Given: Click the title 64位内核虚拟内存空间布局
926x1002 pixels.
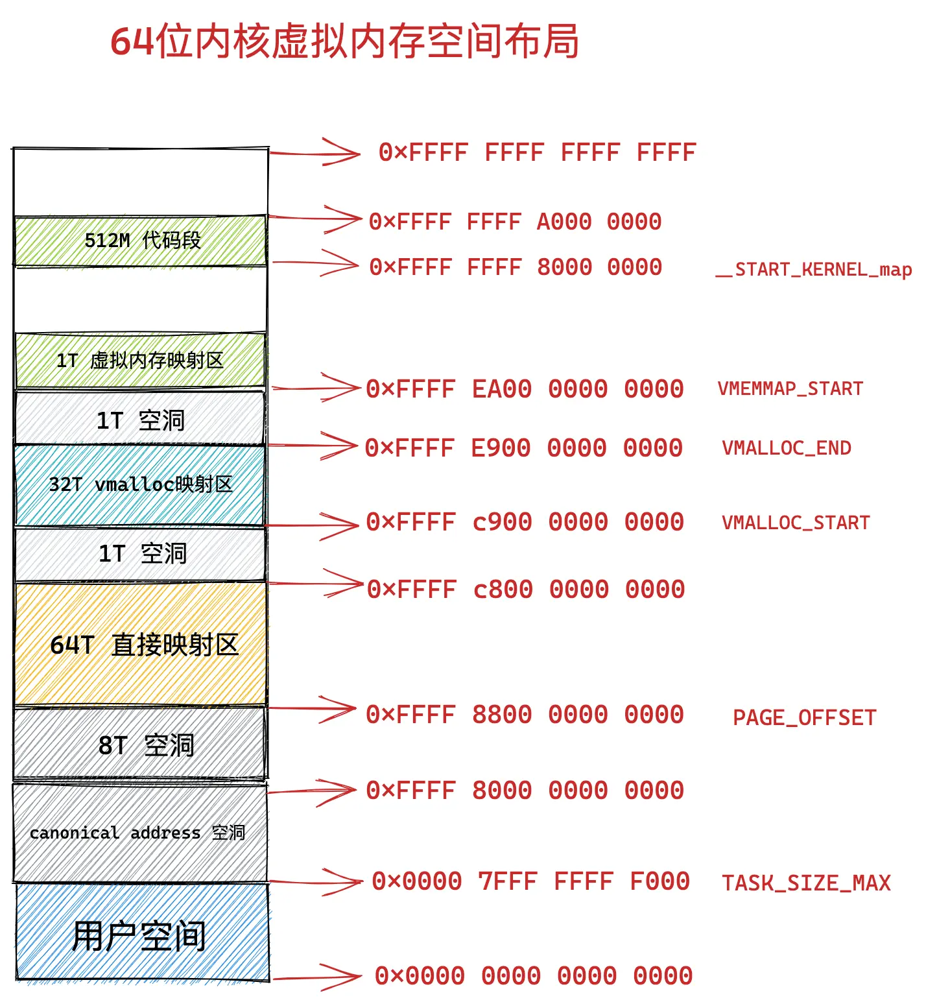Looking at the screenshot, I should (x=344, y=42).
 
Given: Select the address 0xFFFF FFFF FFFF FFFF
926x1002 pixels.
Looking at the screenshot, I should (x=537, y=153).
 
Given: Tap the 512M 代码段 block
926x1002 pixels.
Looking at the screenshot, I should (x=141, y=241).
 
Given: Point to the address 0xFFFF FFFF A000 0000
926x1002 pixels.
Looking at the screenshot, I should (x=515, y=222).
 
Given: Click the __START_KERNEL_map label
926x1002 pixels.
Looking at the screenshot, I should (x=813, y=270).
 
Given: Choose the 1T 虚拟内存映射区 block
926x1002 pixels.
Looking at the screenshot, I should (x=140, y=361).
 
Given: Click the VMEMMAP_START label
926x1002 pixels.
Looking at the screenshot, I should (x=790, y=389).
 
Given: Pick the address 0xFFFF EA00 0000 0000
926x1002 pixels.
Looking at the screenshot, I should (x=525, y=390).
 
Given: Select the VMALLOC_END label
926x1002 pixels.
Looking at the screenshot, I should (x=786, y=448).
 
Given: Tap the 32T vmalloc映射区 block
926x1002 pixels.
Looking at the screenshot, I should (x=140, y=484).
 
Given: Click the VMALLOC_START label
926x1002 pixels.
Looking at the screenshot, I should (x=796, y=523).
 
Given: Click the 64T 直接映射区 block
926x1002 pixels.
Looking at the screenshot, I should (x=141, y=645).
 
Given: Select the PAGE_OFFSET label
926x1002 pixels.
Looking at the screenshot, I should (x=804, y=718).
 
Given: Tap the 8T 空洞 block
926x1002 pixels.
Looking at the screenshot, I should (x=141, y=745).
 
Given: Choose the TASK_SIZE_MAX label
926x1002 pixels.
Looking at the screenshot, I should (x=806, y=883).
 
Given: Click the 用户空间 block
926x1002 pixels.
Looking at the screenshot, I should (x=140, y=936).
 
